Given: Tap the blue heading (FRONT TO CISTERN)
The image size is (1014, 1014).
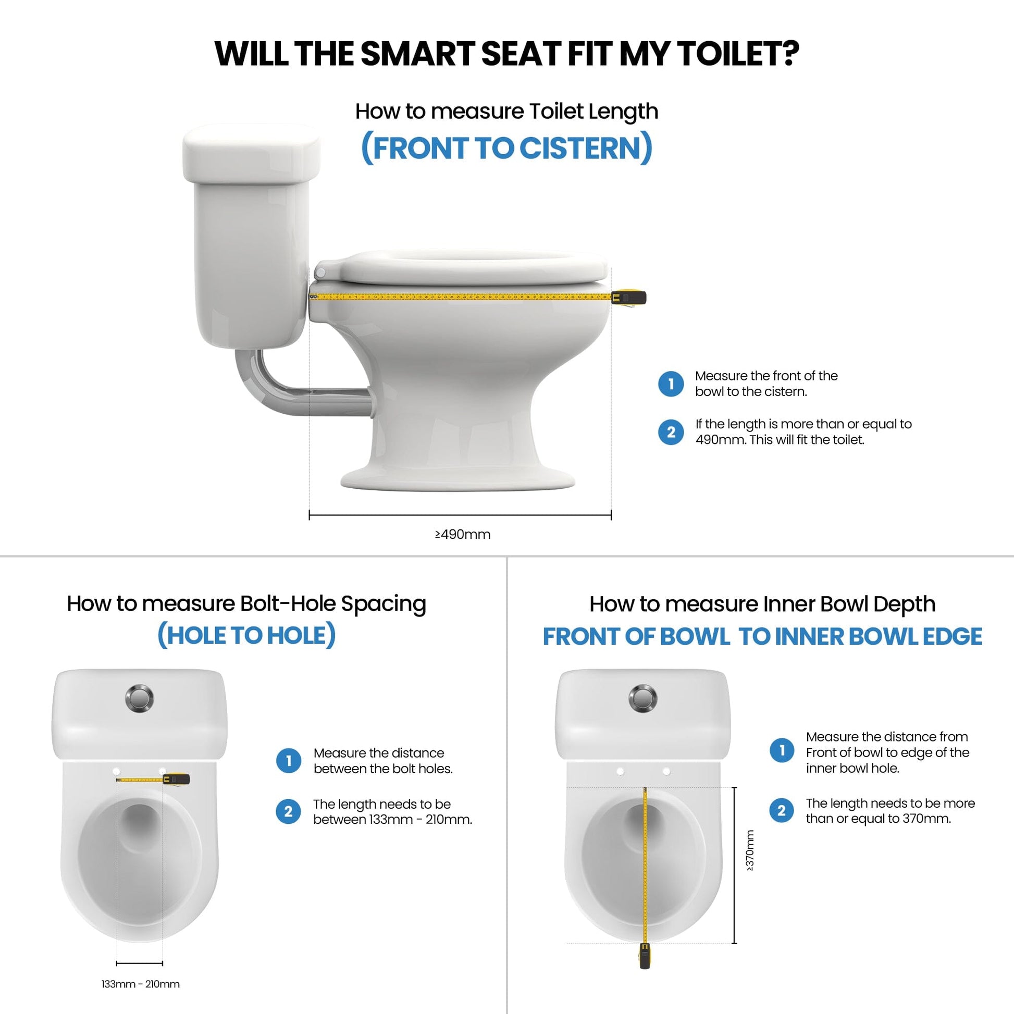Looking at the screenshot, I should click(x=506, y=148).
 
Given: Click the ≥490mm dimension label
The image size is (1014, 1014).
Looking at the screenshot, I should click(x=462, y=534).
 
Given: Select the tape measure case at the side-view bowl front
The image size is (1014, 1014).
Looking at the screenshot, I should click(x=629, y=298).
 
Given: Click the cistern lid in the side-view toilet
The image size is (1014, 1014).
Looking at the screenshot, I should click(x=251, y=154).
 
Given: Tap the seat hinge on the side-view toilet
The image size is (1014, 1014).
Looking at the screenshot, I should click(x=320, y=273).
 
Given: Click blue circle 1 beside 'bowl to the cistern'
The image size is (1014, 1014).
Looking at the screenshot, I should click(x=670, y=384).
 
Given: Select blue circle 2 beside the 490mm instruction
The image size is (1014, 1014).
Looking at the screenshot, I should click(x=670, y=432).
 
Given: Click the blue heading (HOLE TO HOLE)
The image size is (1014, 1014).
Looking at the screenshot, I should click(x=246, y=636).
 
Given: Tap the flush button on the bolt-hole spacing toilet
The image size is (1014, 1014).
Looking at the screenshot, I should click(x=140, y=698).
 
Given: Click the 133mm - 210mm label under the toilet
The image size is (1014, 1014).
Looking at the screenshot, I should click(x=140, y=984).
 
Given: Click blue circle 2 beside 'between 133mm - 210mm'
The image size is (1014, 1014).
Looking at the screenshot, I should click(x=288, y=811).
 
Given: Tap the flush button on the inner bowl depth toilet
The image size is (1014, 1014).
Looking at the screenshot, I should click(x=642, y=698).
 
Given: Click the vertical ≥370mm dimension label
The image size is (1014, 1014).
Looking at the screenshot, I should click(x=749, y=850).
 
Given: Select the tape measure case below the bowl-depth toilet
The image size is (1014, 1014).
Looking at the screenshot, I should click(x=645, y=970).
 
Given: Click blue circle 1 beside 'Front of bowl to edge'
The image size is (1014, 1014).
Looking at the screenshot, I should click(x=782, y=750).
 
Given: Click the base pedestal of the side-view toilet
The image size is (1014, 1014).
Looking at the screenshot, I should click(x=457, y=475).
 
